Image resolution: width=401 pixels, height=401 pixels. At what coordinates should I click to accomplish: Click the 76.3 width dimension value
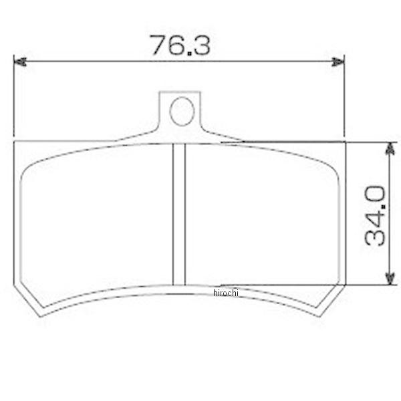(180, 45)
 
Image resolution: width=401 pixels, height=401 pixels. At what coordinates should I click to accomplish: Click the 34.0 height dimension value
(375, 215)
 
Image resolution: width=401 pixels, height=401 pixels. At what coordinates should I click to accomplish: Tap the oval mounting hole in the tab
(182, 111)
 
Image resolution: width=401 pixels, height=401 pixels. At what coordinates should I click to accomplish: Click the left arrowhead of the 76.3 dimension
(19, 61)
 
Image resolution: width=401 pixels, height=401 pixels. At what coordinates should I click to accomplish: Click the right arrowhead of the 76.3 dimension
(338, 61)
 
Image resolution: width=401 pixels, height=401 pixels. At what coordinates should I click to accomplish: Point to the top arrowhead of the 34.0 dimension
(390, 148)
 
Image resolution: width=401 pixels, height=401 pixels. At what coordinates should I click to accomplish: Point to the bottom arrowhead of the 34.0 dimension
(390, 278)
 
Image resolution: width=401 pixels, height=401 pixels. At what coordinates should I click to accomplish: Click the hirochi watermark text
(226, 293)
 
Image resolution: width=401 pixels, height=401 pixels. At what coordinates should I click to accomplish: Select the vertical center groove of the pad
(178, 215)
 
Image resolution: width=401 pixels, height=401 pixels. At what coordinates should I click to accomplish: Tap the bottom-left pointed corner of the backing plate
(40, 317)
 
